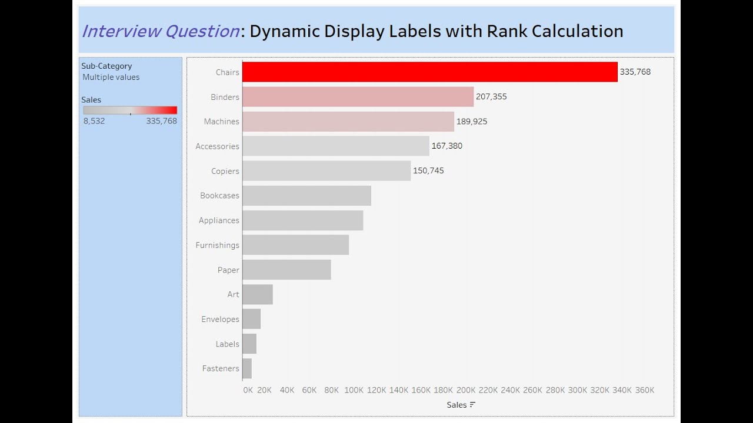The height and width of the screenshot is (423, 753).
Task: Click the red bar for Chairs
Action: pos(429,72)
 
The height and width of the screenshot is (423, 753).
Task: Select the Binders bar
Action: pos(358,96)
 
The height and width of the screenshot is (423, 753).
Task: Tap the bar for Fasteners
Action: pos(247,368)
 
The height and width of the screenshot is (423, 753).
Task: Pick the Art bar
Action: pos(258,294)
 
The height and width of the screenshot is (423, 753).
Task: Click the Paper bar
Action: pos(286,270)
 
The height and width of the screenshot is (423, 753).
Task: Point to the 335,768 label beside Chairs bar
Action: pos(635,72)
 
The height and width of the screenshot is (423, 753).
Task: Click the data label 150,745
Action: pos(428,170)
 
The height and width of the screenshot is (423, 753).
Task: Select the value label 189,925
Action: pos(471,121)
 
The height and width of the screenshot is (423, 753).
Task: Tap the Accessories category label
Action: pos(217,146)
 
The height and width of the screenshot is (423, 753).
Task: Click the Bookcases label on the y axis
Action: pos(219,196)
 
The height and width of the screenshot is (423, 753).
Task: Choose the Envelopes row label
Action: pos(220,319)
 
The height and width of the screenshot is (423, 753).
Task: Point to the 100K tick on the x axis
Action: pos(354,390)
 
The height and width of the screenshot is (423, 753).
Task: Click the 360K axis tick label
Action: pos(644,390)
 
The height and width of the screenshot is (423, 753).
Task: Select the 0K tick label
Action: pos(248,390)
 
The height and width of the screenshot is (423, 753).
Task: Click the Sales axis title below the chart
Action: pos(457,405)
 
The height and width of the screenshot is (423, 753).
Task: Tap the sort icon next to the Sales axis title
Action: pos(472,405)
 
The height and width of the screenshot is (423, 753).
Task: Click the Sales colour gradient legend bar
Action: pos(130,110)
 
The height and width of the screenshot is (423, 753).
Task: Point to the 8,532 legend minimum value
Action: pos(94,121)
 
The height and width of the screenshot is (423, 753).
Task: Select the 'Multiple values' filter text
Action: pos(111,77)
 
